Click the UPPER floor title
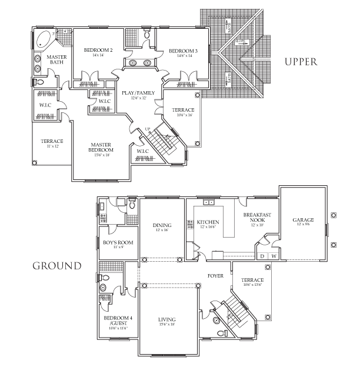click(301, 61)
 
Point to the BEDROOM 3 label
click(183, 51)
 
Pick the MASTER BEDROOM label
click(102, 147)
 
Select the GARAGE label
click(303, 220)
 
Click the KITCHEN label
click(207, 222)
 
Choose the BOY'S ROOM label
click(118, 242)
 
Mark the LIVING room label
click(167, 319)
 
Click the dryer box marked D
click(262, 256)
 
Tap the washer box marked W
click(274, 256)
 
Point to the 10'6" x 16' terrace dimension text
click(182, 116)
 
